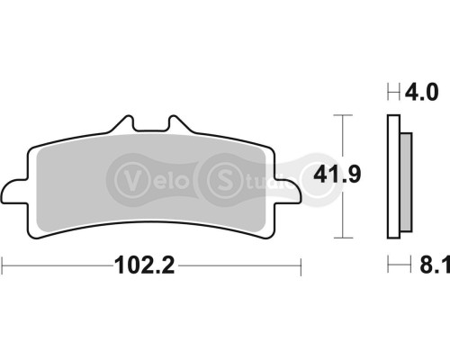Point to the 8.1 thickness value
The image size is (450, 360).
pyautogui.click(x=419, y=265)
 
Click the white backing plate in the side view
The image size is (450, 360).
pyautogui.click(x=392, y=180)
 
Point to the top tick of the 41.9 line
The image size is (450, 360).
pyautogui.click(x=339, y=114)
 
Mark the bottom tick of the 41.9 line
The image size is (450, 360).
pyautogui.click(x=339, y=238)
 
